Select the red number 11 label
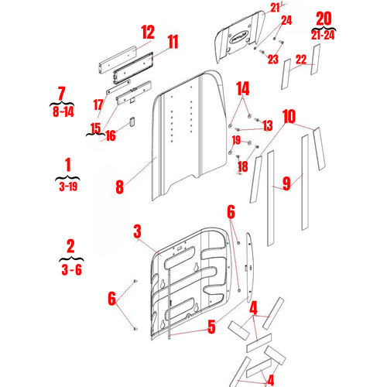pyautogui.click(x=172, y=41)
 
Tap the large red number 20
pyautogui.click(x=324, y=18)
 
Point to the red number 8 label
pyautogui.click(x=119, y=186)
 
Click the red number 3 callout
pyautogui.click(x=137, y=231)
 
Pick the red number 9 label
pyautogui.click(x=286, y=183)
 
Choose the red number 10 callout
pyautogui.click(x=289, y=117)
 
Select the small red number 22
pyautogui.click(x=301, y=59)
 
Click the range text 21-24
pyautogui.click(x=324, y=35)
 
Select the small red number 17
pyautogui.click(x=98, y=104)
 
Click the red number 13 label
pyautogui.click(x=267, y=125)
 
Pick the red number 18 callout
pyautogui.click(x=241, y=166)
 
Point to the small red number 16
pyautogui.click(x=111, y=135)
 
